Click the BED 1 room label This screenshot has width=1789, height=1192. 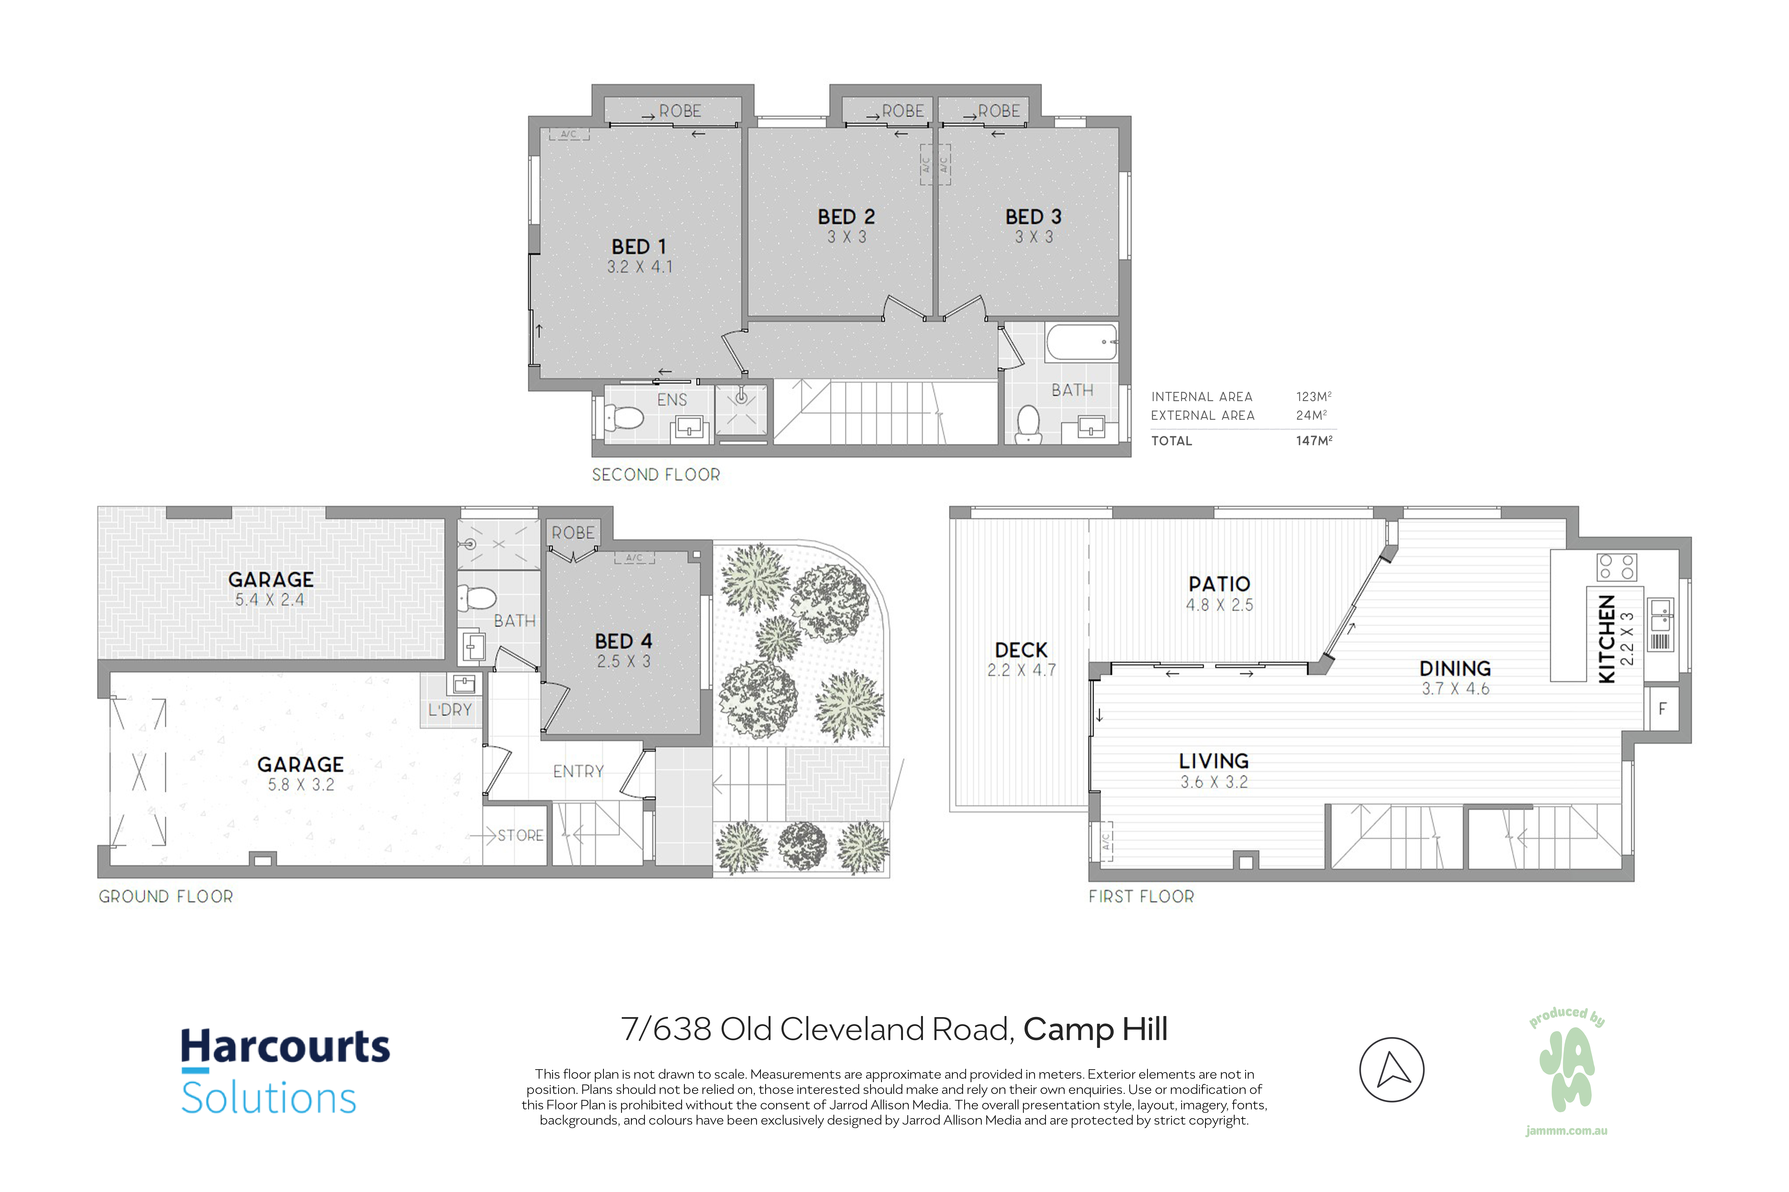639,247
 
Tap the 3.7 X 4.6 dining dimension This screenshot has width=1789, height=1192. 1455,689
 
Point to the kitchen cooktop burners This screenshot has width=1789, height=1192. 1616,567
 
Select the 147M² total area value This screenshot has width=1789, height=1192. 1314,440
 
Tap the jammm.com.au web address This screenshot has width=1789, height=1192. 1566,1152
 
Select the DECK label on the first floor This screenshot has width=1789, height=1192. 1021,650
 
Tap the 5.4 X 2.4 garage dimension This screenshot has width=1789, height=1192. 270,600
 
